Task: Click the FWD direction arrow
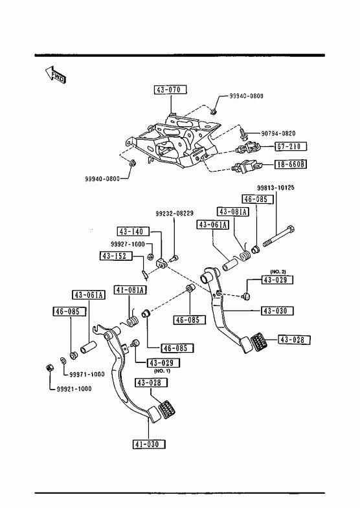pyautogui.click(x=55, y=75)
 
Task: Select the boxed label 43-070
pyautogui.click(x=170, y=89)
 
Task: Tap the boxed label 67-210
pyautogui.click(x=291, y=146)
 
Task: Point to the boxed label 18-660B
pyautogui.click(x=291, y=164)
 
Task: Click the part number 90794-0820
pyautogui.click(x=278, y=133)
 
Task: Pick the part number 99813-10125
pyautogui.click(x=276, y=188)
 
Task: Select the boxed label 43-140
pyautogui.click(x=133, y=232)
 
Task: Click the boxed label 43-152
pyautogui.click(x=116, y=256)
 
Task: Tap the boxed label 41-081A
pyautogui.click(x=130, y=290)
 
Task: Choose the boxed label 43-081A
pyautogui.click(x=233, y=212)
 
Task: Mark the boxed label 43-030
pyautogui.click(x=277, y=311)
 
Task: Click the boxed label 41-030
pyautogui.click(x=149, y=444)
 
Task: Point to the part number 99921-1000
pyautogui.click(x=74, y=389)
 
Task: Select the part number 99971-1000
pyautogui.click(x=87, y=375)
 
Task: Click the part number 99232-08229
pyautogui.click(x=174, y=214)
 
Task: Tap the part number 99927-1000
pyautogui.click(x=128, y=244)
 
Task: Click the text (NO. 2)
pyautogui.click(x=278, y=272)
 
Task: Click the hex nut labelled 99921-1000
pyautogui.click(x=49, y=368)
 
